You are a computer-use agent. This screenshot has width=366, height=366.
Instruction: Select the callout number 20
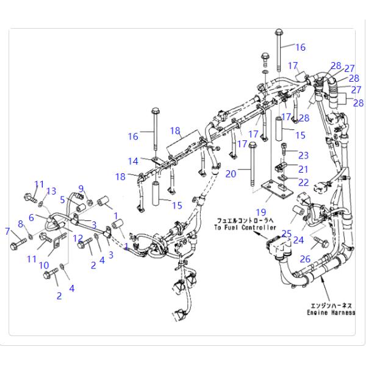coord(231,174)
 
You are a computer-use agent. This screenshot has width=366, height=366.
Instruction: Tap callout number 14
coord(134,161)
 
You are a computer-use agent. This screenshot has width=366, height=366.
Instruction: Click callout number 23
coord(303,155)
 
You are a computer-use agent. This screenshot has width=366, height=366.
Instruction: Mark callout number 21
coord(303,168)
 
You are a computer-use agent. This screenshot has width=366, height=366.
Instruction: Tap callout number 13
coord(52,191)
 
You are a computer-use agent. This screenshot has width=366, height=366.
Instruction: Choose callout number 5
coord(63,199)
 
